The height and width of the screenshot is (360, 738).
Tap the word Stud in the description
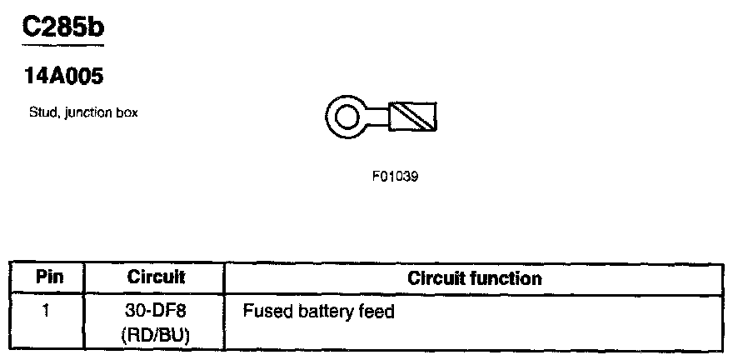click(x=41, y=113)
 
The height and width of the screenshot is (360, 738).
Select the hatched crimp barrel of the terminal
click(x=414, y=117)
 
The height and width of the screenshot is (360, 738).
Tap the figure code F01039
click(x=395, y=177)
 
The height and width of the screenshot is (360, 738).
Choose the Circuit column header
click(x=156, y=277)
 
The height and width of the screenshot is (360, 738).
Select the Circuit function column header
click(x=474, y=277)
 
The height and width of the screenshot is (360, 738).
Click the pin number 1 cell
click(x=47, y=312)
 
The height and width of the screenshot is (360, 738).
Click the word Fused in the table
click(x=262, y=312)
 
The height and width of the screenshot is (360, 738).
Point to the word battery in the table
click(x=321, y=312)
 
